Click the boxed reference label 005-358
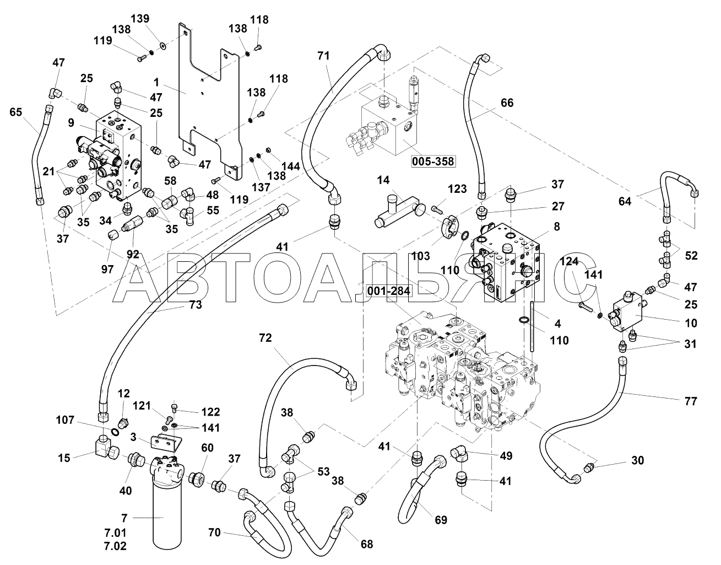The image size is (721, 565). click(432, 162)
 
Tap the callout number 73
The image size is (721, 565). click(195, 305)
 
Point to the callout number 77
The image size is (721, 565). click(691, 401)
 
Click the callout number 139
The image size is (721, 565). click(140, 18)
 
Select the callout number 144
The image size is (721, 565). click(290, 166)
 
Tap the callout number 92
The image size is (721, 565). click(133, 254)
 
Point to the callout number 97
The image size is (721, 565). click(107, 269)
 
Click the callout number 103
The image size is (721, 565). click(420, 256)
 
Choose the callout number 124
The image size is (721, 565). click(570, 262)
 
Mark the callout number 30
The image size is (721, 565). click(637, 460)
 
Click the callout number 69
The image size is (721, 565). click(441, 520)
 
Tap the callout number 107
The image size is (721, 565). click(65, 420)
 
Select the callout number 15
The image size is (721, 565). click(64, 458)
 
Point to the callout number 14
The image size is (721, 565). click(383, 180)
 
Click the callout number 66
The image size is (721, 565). click(507, 103)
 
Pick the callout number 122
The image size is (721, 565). click(210, 412)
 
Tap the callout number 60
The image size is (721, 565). click(207, 448)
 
